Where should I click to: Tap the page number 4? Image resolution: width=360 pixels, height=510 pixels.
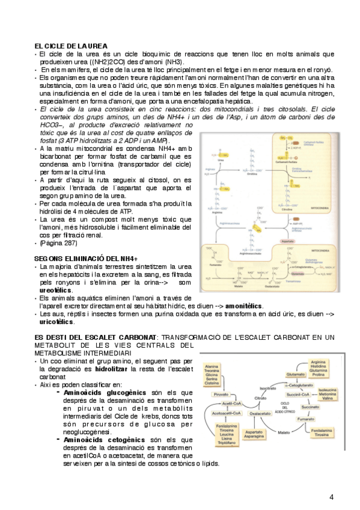click(x=331, y=496)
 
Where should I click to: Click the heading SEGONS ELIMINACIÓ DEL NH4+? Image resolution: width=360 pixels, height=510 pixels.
click(x=86, y=258)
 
